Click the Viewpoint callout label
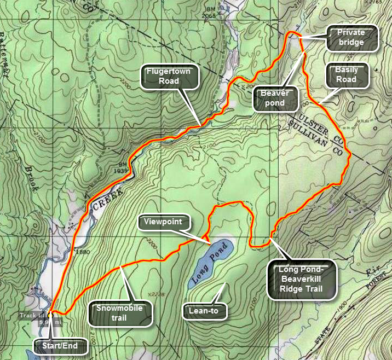click(x=163, y=223)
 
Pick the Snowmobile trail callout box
click(x=119, y=313)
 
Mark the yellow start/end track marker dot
click(x=49, y=315)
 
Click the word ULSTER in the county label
click(x=314, y=124)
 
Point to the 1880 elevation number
click(x=83, y=252)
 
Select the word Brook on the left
click(x=31, y=178)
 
